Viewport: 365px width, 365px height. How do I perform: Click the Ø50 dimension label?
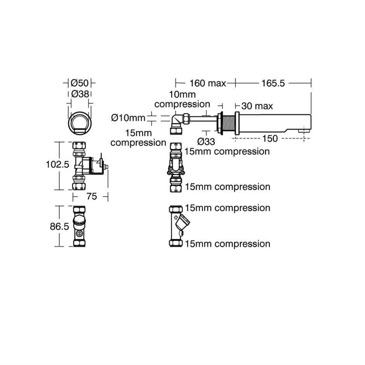coord(80,83)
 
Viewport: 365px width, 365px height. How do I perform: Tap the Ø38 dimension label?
coord(80,94)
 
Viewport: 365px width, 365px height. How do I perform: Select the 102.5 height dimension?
coord(57,165)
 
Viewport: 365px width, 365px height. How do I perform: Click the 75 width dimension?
coord(91,196)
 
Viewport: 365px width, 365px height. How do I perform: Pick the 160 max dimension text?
coord(207,83)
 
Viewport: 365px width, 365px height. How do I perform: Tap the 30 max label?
coord(257,106)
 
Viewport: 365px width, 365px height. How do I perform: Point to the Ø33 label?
coord(206,141)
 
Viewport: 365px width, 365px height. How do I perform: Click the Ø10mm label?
coord(128,117)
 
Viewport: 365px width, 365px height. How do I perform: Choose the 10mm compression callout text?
coord(182,99)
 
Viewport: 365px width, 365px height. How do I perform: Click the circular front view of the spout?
coord(80,122)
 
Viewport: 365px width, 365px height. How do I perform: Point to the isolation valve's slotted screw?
coord(79,234)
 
